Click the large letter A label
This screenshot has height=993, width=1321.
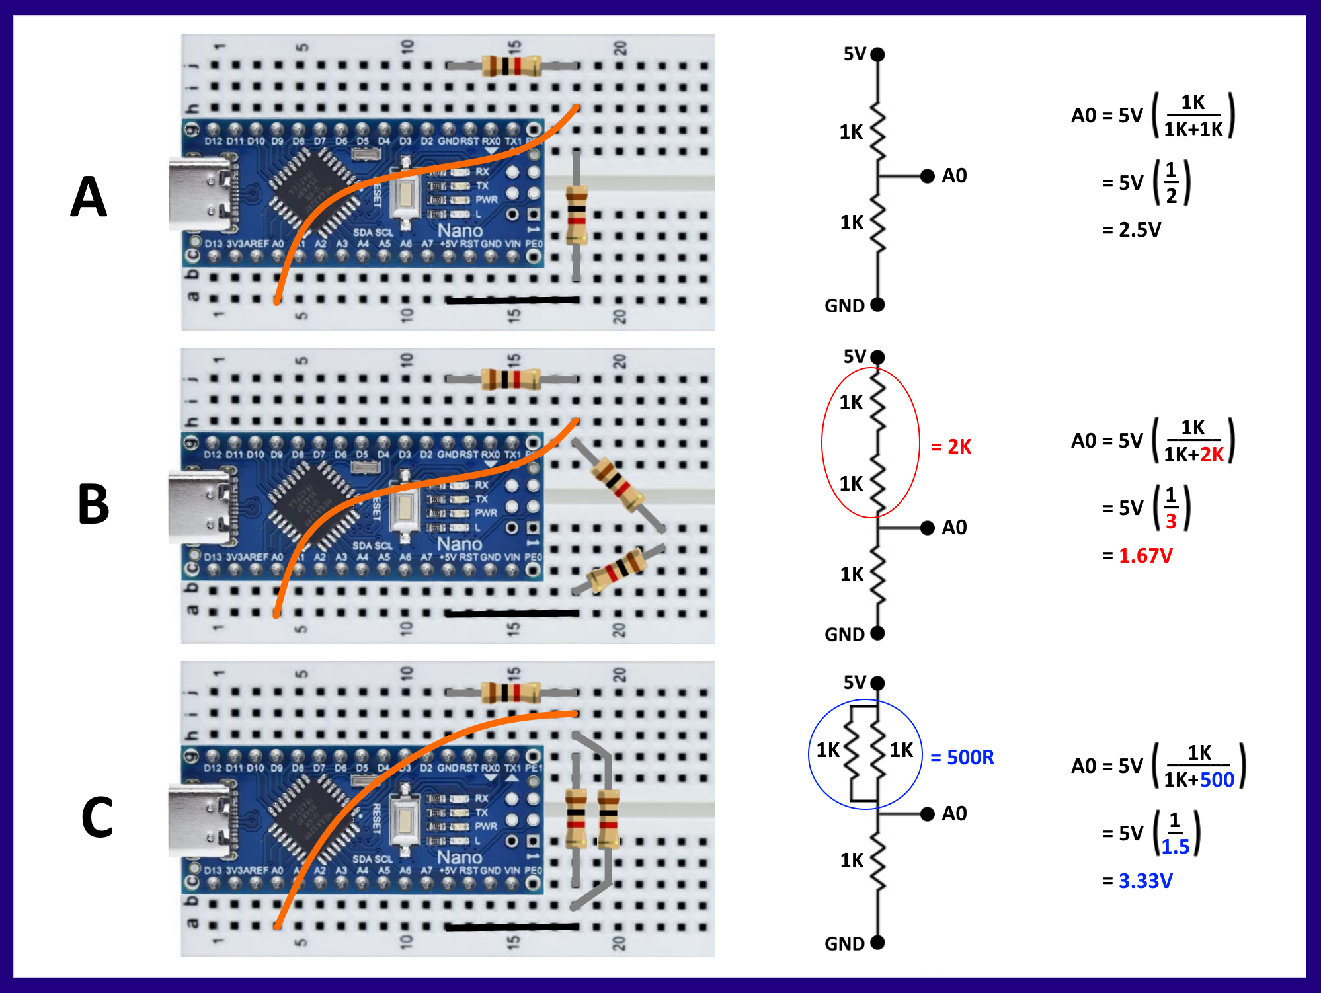pos(89,197)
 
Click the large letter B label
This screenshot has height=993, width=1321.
pos(93,504)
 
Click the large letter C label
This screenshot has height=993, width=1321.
pos(97,818)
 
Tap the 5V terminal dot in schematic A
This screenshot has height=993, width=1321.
pos(877,55)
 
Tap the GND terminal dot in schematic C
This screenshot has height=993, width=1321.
pos(877,943)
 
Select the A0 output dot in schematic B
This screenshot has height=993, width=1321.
pos(927,528)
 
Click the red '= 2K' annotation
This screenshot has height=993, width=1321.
pos(951,447)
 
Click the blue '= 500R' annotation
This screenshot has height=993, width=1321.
pos(962,757)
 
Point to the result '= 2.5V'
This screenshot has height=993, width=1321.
pos(1131,230)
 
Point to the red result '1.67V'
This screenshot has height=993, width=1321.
pos(1145,556)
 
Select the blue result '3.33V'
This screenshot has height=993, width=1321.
pos(1145,881)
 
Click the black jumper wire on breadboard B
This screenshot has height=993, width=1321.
pos(512,614)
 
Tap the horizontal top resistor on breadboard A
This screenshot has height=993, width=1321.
pos(511,66)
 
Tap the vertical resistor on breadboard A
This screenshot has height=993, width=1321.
pos(577,215)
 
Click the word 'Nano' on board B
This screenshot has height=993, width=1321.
pos(460,544)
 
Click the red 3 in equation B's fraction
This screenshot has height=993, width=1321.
pos(1171,521)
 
